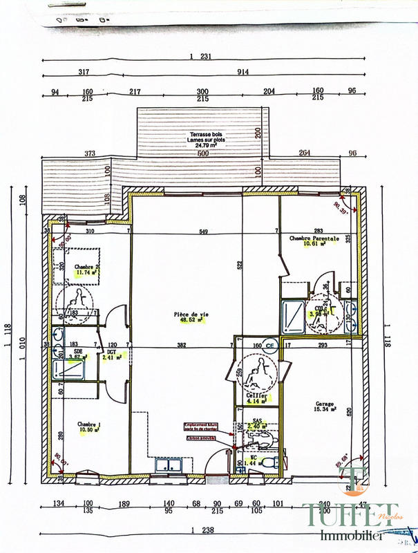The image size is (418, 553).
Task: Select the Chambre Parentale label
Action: [314, 238]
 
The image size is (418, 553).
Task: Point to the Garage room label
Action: [325, 404]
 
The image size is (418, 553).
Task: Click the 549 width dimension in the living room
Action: [202, 231]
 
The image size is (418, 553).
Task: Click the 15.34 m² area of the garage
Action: [324, 411]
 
